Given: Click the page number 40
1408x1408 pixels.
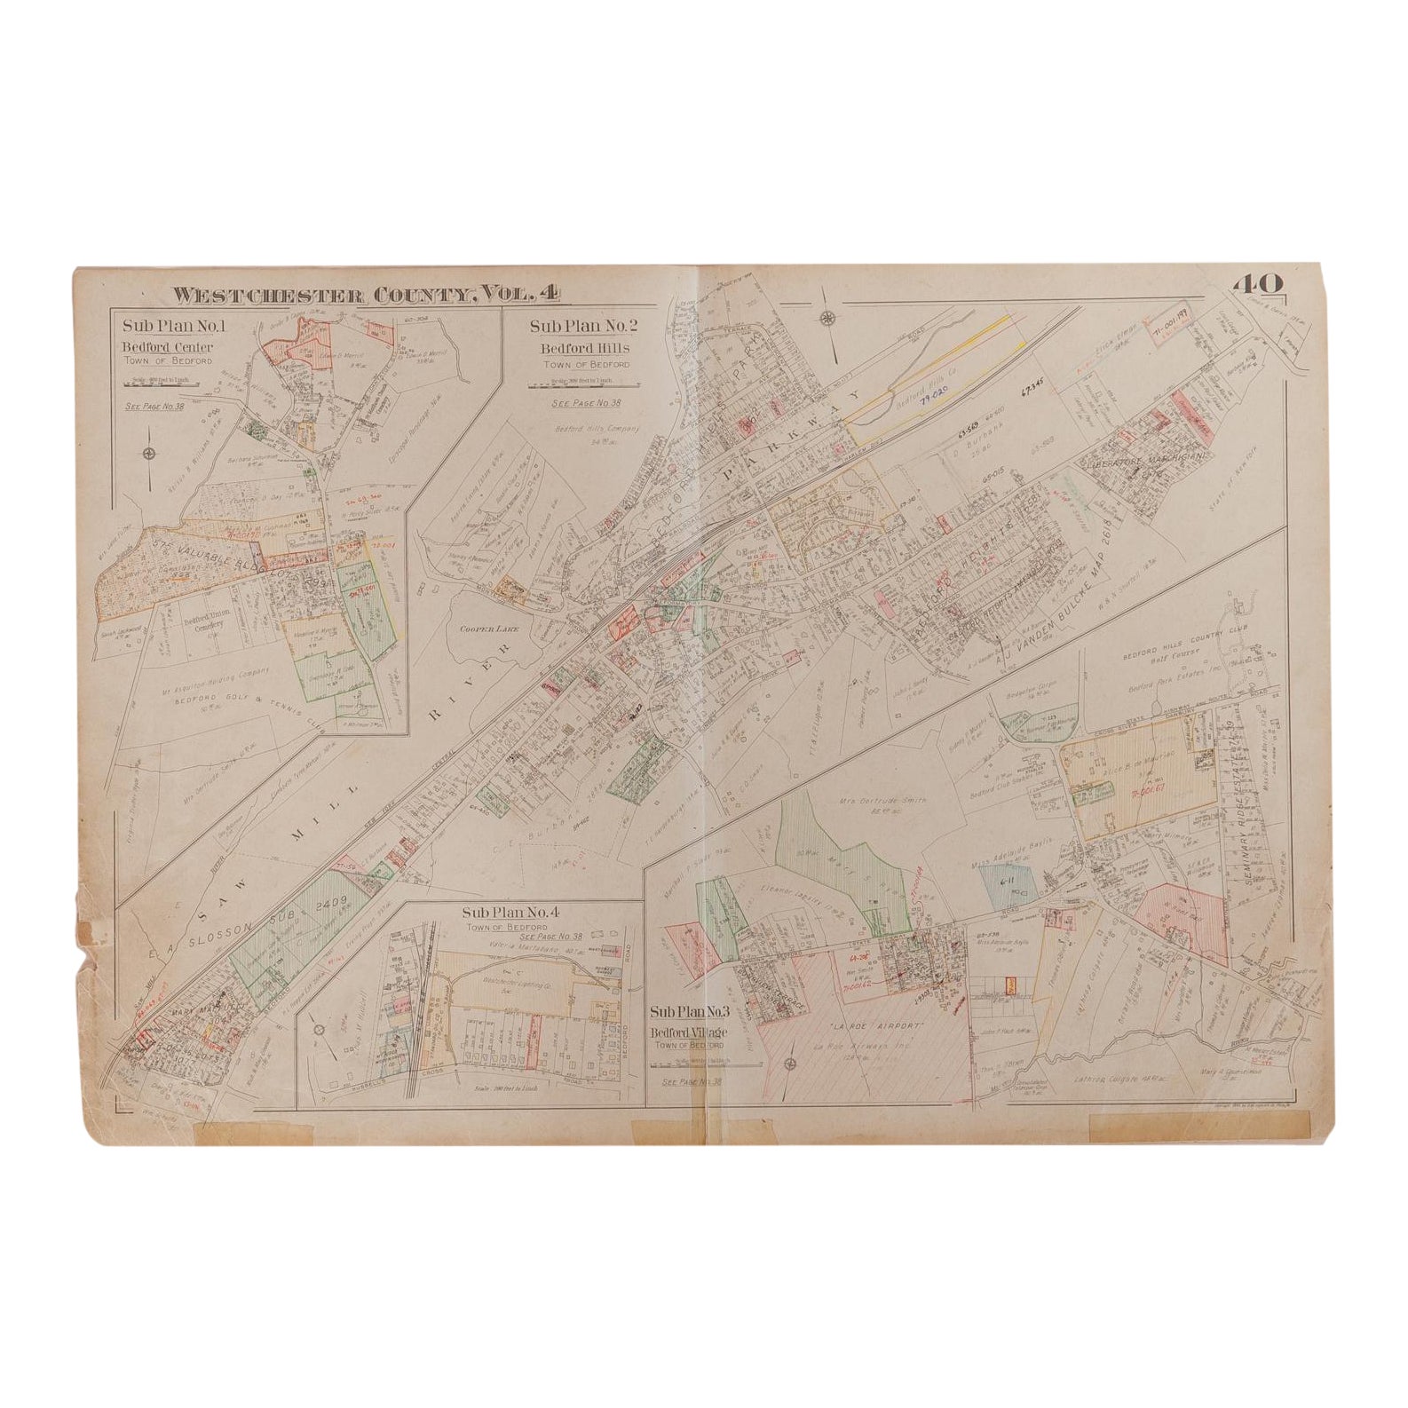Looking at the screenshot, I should (1256, 284).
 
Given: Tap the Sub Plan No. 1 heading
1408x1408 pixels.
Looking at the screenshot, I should (174, 326).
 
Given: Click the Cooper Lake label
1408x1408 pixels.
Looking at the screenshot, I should (483, 629).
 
